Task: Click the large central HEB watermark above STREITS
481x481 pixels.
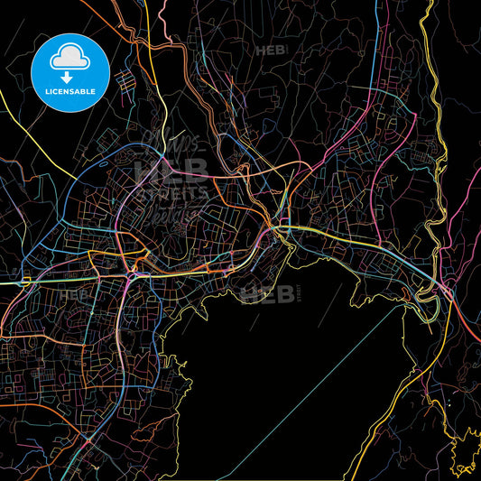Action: (x=171, y=169)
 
